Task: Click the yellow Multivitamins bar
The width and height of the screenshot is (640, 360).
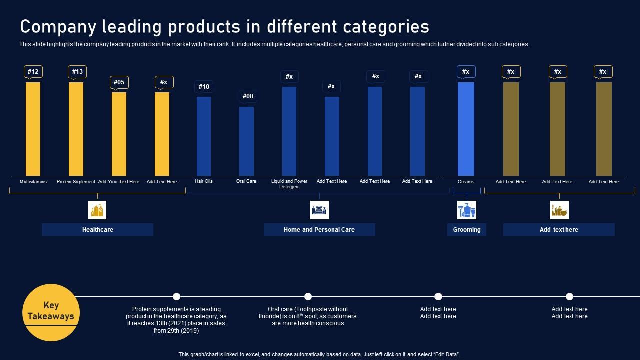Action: click(x=33, y=129)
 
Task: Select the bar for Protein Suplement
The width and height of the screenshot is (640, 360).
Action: click(x=76, y=129)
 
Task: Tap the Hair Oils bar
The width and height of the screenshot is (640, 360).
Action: click(x=204, y=136)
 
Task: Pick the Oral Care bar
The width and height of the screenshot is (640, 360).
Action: click(x=246, y=141)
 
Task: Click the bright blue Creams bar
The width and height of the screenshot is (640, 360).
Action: click(x=466, y=129)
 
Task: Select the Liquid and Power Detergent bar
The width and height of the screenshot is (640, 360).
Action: click(x=289, y=131)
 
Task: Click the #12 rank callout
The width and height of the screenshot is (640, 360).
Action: click(x=33, y=72)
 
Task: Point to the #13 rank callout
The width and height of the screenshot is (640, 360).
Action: click(x=77, y=72)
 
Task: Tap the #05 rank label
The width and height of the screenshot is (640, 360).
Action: click(x=119, y=82)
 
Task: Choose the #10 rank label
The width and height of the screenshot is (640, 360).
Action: click(x=204, y=87)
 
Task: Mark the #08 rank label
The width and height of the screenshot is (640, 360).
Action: click(x=248, y=96)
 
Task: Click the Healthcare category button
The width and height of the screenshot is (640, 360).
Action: click(x=97, y=230)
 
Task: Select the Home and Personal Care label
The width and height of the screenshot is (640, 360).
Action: click(x=319, y=230)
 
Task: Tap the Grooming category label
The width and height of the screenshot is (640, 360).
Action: click(x=467, y=230)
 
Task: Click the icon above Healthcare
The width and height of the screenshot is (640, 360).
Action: click(x=97, y=210)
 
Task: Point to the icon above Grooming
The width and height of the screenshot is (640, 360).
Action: click(x=467, y=210)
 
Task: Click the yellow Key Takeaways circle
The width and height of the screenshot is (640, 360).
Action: click(x=51, y=312)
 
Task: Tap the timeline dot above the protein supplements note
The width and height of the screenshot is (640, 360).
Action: click(x=176, y=296)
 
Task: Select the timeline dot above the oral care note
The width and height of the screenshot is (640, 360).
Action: click(x=308, y=296)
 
